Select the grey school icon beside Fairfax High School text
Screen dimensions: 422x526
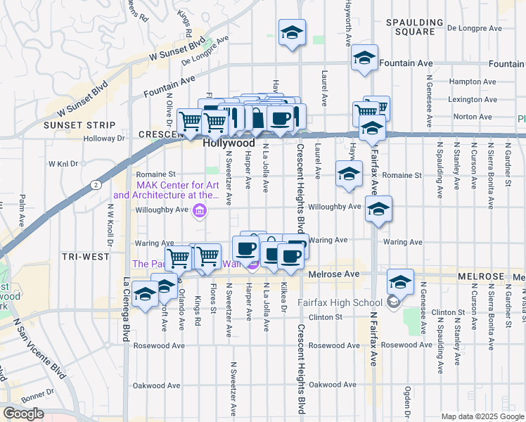(x=393, y=302)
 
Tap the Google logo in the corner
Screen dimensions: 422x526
(x=23, y=414)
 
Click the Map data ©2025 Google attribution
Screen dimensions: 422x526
(x=482, y=416)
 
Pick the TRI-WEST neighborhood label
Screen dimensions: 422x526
(x=85, y=257)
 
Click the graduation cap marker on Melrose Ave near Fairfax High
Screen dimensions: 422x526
(x=400, y=282)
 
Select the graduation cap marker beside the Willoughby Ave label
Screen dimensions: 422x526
(x=378, y=209)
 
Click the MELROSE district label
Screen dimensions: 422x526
(x=481, y=277)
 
